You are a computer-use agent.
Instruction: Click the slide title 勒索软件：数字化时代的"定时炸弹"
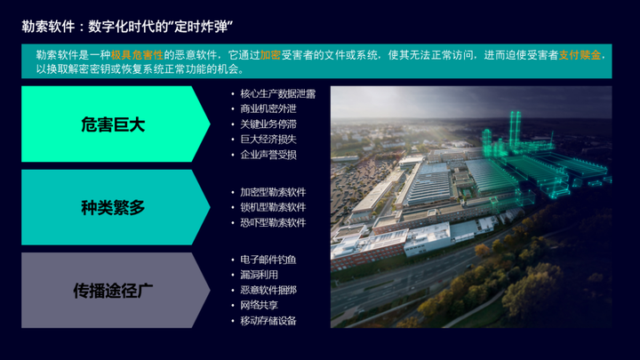127,27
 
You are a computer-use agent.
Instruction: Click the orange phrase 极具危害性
137,55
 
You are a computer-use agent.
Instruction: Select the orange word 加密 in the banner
270,55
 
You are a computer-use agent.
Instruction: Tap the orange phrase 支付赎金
580,55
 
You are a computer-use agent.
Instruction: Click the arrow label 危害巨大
113,124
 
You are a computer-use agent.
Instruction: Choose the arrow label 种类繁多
113,208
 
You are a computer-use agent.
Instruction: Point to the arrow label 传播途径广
113,291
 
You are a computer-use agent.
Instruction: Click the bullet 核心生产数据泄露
278,94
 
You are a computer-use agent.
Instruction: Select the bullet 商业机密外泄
268,109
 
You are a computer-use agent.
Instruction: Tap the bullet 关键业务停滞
268,124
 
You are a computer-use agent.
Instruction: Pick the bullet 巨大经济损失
268,140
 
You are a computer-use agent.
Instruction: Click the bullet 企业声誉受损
268,155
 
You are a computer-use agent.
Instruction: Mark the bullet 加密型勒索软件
273,192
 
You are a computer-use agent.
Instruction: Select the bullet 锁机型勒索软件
273,207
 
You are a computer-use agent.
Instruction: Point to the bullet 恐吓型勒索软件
273,223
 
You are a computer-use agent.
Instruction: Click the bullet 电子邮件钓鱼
268,260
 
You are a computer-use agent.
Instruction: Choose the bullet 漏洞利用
259,275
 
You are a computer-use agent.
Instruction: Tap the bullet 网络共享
259,305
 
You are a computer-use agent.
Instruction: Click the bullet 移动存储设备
268,321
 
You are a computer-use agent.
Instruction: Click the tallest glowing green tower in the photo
515,130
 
